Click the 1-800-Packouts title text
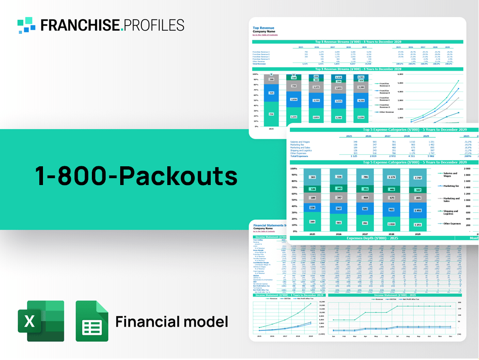[x=137, y=176]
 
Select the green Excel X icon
[x=41, y=321]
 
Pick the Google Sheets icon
[x=92, y=321]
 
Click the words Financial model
[x=171, y=322]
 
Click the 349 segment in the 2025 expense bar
[x=312, y=222]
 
